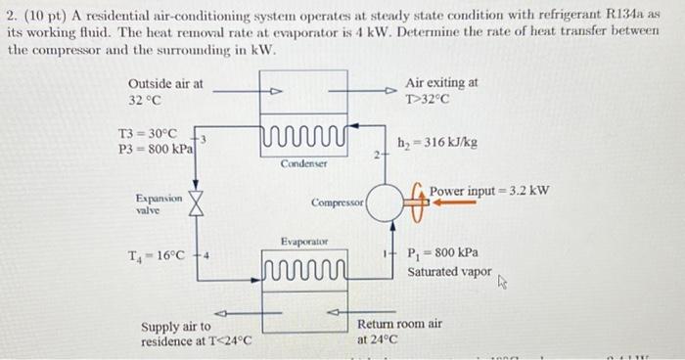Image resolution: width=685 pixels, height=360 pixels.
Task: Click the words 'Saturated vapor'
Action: pos(449,272)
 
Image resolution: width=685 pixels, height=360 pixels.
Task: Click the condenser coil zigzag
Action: pos(304,136)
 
